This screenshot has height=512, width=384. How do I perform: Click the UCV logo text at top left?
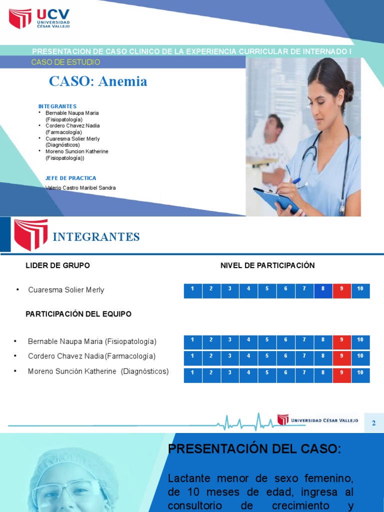point(53,14)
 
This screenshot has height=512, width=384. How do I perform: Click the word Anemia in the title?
point(123,81)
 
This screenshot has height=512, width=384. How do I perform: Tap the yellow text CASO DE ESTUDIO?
point(65,62)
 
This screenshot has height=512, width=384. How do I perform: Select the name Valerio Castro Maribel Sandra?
point(80,188)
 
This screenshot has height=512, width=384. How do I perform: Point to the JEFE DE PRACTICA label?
point(70,178)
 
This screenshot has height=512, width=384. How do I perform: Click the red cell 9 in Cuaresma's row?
point(342,290)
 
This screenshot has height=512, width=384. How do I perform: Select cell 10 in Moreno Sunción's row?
point(360,375)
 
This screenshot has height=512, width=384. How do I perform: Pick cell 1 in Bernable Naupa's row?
point(192,342)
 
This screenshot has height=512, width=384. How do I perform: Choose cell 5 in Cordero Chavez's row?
point(267,358)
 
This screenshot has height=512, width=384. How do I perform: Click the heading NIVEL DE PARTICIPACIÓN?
point(267,265)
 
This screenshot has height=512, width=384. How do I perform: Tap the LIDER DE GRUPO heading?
point(58,265)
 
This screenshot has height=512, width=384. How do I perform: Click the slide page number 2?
point(374,423)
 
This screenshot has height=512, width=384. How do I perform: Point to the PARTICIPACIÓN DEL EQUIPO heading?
point(78,314)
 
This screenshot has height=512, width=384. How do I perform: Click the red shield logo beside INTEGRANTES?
point(30,234)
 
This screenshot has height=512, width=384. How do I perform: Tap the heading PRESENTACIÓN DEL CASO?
point(254,449)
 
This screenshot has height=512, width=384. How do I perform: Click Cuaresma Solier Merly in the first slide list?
point(72,139)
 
